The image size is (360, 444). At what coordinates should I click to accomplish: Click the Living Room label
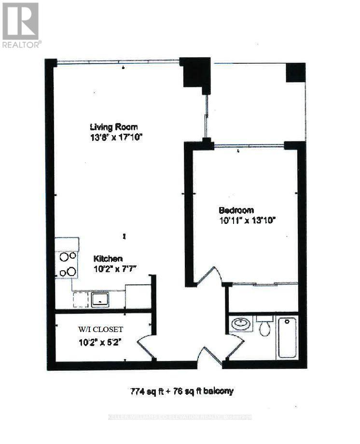pos(114,127)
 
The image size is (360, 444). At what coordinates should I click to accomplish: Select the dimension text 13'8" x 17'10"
pos(116,138)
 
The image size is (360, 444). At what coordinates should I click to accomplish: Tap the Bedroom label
pos(236,210)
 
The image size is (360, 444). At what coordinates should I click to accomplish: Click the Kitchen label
pos(108,259)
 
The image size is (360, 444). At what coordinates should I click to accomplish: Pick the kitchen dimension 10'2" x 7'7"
pos(115,268)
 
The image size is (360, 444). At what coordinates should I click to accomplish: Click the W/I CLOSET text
pos(100,330)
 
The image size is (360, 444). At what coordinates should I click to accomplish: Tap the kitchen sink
pos(100,300)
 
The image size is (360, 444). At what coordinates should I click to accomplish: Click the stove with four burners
pos(68,264)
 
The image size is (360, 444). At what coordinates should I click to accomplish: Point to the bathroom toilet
pos(264,327)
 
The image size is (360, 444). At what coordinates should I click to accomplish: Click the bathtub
pos(287,337)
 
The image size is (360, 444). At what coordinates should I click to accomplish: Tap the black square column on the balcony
pos(295,73)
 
